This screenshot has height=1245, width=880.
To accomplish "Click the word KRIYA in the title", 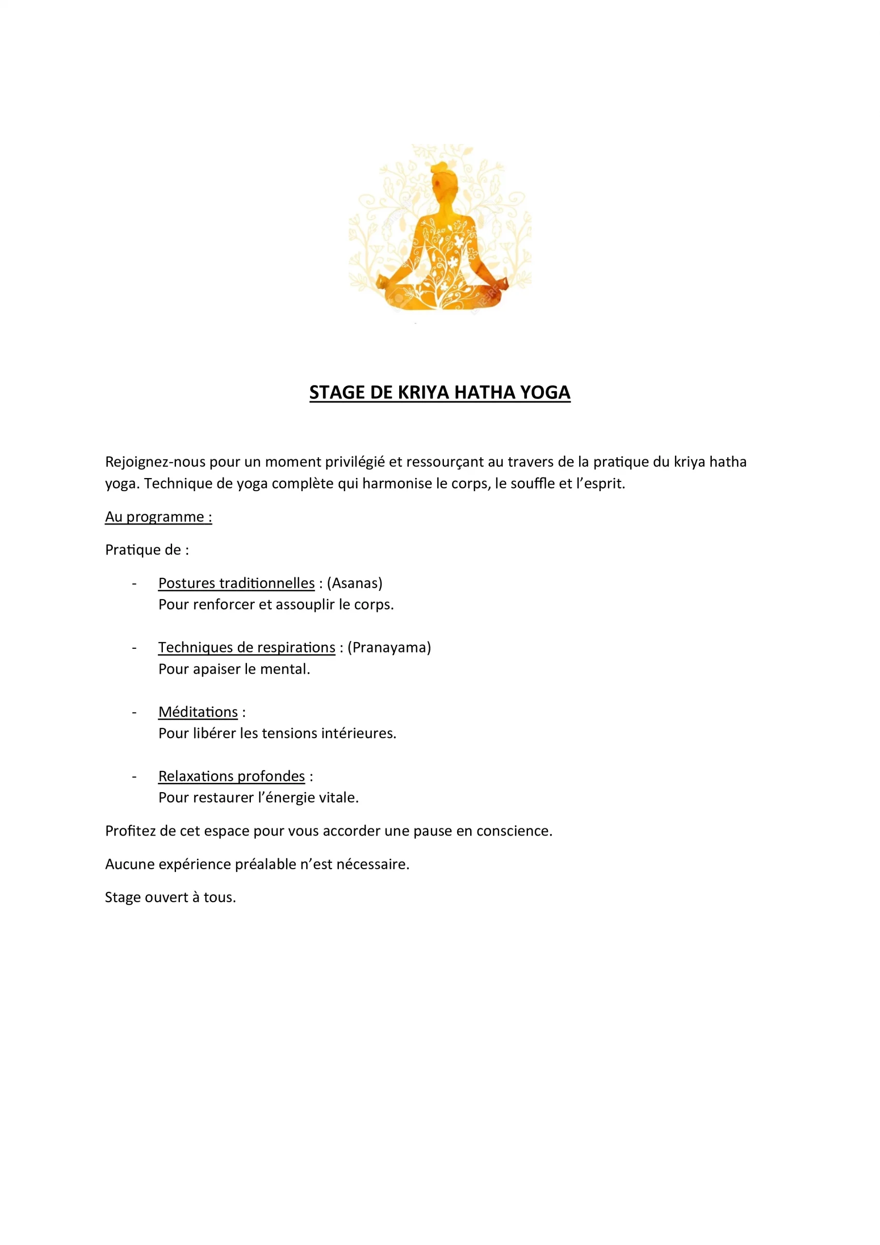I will pos(423,392).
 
